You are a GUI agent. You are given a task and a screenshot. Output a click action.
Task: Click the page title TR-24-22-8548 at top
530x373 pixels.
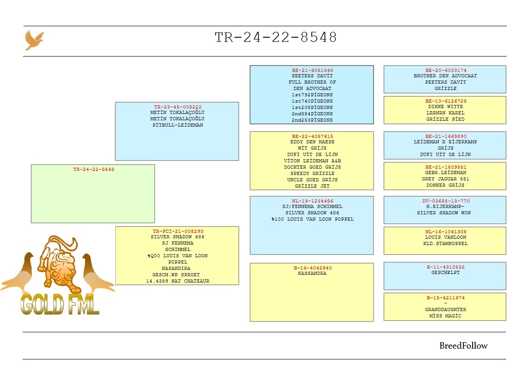coord(276,38)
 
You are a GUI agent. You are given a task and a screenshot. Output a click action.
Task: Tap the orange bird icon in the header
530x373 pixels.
coord(34,40)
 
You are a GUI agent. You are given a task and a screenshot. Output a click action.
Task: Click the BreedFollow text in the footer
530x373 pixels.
coord(464,345)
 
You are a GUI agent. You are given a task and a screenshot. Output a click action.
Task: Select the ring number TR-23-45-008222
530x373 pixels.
coord(177,107)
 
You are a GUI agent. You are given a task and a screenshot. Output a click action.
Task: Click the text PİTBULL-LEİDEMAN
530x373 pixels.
coord(177,125)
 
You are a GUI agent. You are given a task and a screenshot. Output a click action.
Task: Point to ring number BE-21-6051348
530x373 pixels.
coord(312,70)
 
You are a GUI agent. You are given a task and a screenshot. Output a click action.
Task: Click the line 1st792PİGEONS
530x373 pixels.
coord(312,95)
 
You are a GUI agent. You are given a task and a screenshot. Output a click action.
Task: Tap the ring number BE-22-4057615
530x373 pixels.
coord(312,136)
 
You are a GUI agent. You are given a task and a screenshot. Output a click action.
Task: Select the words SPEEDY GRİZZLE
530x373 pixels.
coord(312,173)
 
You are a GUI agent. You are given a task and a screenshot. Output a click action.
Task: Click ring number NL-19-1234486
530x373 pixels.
coord(312,201)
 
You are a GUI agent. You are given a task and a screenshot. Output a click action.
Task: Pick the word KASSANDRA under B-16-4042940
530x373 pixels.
coord(312,274)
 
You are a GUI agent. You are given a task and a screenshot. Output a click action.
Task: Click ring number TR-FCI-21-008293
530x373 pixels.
coord(178,231)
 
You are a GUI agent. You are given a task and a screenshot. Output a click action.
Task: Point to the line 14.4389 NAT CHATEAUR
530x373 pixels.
coord(178,281)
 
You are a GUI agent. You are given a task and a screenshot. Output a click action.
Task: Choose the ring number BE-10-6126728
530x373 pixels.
coord(445,101)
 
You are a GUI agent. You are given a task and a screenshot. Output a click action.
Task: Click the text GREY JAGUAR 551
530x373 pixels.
coord(445,179)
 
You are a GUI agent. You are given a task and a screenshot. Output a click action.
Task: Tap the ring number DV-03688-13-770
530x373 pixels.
coord(445,201)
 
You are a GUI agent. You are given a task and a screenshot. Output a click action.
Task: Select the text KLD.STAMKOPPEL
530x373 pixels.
coord(445,244)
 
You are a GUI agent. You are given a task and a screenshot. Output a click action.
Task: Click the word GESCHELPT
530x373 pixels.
coord(445,272)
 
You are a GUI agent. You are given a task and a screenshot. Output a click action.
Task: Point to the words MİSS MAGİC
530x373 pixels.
coord(445,316)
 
